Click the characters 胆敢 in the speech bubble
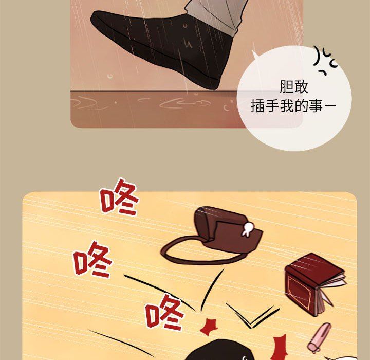294,87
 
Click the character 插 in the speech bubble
258,105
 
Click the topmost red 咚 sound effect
119,197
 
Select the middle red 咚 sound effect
92,259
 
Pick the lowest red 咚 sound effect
164,312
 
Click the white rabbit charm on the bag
247,229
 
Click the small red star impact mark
209,327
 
